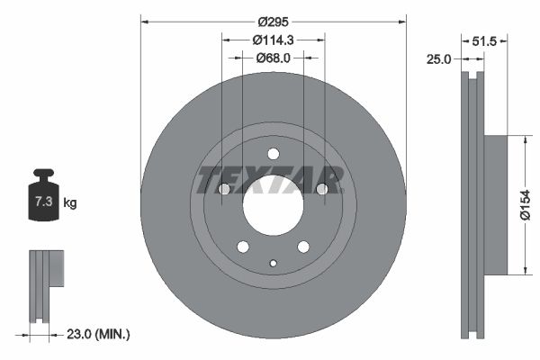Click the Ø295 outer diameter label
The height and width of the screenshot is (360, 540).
[273, 21]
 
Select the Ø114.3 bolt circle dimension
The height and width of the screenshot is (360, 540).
[273, 40]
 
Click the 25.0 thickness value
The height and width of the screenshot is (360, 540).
[439, 59]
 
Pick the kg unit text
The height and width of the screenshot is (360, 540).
[70, 203]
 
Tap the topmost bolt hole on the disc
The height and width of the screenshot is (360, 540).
[273, 153]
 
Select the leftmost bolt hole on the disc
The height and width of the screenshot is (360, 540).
[224, 188]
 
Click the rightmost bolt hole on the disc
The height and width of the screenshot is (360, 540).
[321, 188]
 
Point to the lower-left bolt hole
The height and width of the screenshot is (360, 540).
[242, 246]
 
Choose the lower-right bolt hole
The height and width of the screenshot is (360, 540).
[303, 246]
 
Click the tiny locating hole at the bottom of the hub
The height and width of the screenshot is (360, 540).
[273, 263]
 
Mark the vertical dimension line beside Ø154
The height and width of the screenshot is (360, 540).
[523, 205]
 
